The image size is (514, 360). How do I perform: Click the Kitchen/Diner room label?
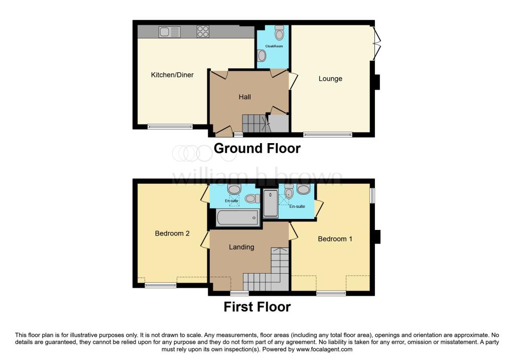coord(172,75)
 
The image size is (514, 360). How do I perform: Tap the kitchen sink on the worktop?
coord(170,32)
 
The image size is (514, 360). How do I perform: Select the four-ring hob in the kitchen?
coord(203,32)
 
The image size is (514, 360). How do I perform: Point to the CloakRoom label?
coord(274,46)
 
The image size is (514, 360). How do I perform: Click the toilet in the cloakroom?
coord(279,33)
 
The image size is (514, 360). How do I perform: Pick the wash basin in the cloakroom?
coord(261,56)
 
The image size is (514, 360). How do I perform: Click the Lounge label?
coord(330,79)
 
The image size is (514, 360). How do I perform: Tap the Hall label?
coord(245,97)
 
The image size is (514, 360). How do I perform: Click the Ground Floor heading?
coord(257,149)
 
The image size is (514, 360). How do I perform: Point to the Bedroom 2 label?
coord(172,233)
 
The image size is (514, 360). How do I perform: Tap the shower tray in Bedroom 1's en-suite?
coord(271,203)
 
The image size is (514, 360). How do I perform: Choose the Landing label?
coord(241,247)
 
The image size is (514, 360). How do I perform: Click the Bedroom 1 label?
coord(335,239)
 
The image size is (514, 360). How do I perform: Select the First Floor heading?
coord(257,307)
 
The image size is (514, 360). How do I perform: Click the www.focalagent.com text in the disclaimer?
coord(324,349)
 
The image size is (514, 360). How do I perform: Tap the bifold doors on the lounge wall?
coord(377,43)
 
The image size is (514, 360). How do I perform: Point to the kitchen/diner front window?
coord(170,127)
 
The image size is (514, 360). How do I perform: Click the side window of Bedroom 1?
coord(372,195)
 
